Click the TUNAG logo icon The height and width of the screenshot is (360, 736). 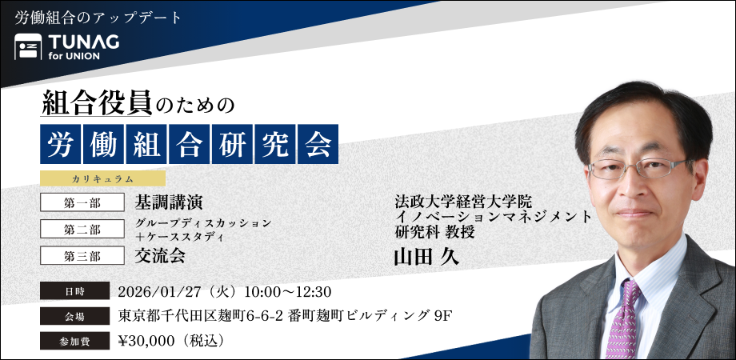[28, 46]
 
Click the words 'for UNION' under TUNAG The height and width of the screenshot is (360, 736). [74, 56]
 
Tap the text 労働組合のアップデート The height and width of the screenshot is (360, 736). [98, 18]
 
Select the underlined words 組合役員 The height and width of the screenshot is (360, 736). [97, 102]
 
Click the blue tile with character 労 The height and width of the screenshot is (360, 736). [61, 144]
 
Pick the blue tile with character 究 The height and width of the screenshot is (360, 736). [275, 144]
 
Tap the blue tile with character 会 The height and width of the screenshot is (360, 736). [318, 144]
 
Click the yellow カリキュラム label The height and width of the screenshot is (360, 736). [102, 178]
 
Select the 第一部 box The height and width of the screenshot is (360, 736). [82, 202]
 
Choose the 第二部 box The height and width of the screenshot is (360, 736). [82, 229]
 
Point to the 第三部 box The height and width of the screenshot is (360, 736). [82, 256]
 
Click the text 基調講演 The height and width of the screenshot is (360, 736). [169, 202]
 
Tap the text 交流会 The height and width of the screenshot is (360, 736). [159, 255]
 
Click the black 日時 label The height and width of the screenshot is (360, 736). [74, 291]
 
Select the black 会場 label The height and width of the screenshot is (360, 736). [74, 316]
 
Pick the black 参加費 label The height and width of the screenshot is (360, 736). [74, 341]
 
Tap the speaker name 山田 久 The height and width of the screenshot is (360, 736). [426, 256]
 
